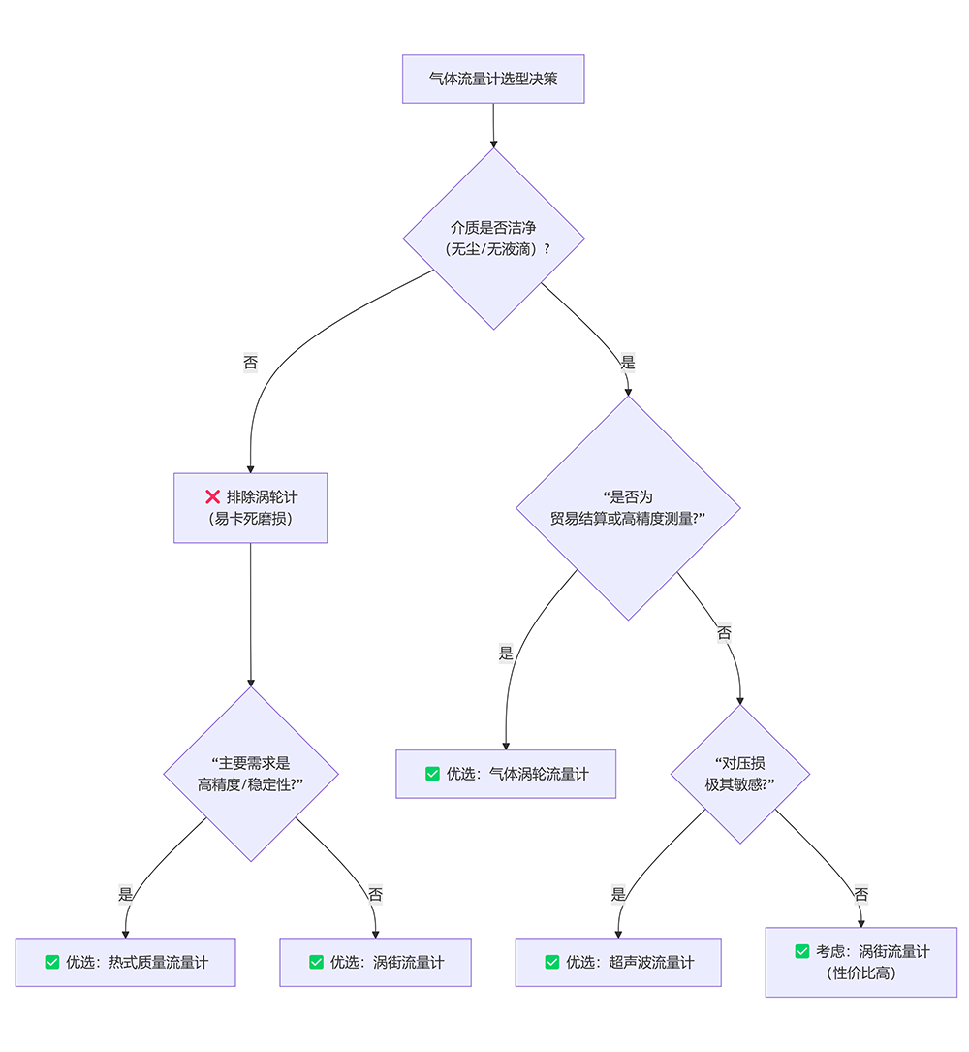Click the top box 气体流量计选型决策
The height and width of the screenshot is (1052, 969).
[493, 79]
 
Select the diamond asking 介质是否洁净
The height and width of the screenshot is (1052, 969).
[493, 239]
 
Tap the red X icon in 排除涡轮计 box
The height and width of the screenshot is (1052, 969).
[213, 496]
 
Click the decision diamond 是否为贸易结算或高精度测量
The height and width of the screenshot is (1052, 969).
[628, 507]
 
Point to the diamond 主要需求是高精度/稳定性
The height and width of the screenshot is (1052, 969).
[251, 774]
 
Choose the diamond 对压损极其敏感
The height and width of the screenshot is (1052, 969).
[740, 773]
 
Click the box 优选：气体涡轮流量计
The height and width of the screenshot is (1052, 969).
[505, 774]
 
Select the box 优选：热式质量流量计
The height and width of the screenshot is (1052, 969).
[125, 962]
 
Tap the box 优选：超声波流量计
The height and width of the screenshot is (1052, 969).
[617, 962]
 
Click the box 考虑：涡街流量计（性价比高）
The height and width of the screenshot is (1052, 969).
[860, 962]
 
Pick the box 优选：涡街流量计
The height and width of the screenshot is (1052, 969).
[375, 962]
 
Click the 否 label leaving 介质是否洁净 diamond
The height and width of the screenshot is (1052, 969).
[250, 363]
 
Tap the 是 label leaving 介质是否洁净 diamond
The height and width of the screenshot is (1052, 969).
[628, 363]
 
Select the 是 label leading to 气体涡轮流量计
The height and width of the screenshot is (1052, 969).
[506, 654]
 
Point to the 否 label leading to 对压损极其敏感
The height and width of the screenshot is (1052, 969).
[724, 633]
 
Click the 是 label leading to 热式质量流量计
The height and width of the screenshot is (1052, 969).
[126, 894]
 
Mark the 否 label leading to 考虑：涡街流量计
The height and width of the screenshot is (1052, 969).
[860, 894]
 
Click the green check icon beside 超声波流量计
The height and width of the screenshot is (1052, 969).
[552, 962]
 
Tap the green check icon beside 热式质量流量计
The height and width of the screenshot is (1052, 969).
[52, 962]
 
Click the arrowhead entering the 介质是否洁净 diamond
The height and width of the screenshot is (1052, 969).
[493, 143]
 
